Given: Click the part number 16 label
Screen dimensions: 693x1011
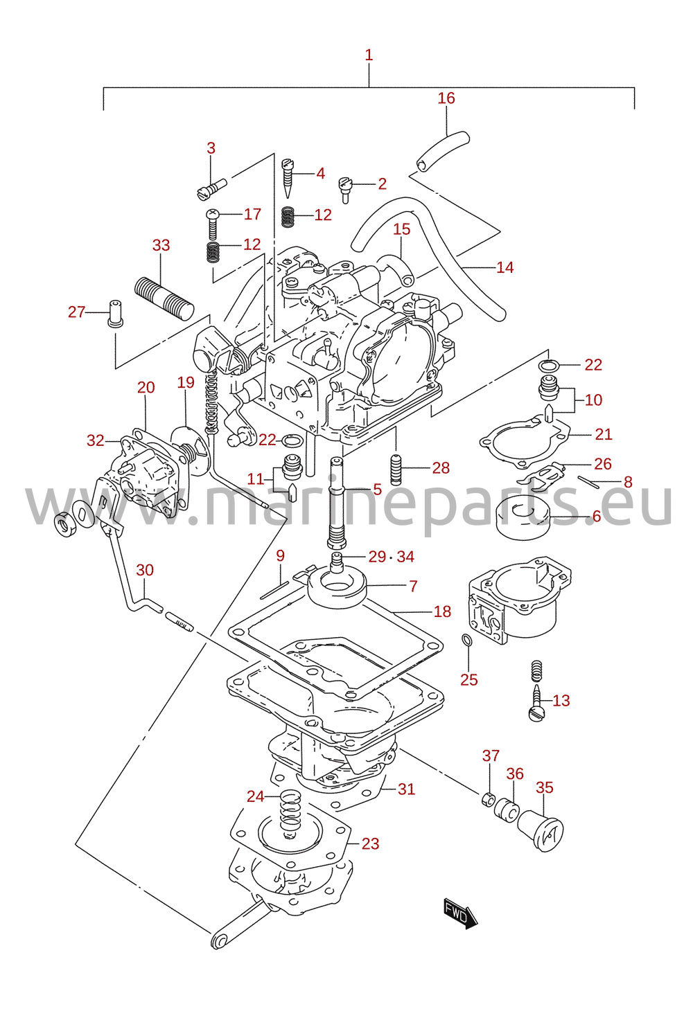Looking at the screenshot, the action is click(446, 98).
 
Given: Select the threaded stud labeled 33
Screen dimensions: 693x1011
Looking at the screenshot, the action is click(164, 298).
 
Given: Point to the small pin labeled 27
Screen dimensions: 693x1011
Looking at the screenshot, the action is click(116, 313).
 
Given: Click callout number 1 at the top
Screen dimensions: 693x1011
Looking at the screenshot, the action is click(369, 55).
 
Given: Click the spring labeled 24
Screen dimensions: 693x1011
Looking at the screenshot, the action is click(291, 812).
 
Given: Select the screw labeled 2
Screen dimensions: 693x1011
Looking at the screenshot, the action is click(345, 189).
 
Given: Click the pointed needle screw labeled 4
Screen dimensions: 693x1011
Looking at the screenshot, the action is click(288, 177).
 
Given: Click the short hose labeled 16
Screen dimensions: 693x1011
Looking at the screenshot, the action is click(443, 151).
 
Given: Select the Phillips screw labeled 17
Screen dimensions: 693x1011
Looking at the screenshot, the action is click(212, 225).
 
